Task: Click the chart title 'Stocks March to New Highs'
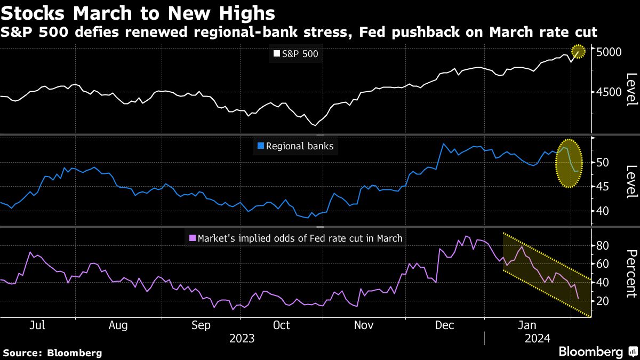[138, 12]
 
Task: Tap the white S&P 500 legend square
[276, 53]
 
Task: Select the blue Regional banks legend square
[260, 146]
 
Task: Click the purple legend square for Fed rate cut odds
[193, 238]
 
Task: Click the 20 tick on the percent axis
[602, 301]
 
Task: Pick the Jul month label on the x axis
[36, 325]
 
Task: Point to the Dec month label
[444, 325]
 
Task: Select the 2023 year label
[242, 338]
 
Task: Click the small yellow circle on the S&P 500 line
[578, 52]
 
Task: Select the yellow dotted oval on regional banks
[569, 163]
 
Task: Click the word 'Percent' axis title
[631, 273]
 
